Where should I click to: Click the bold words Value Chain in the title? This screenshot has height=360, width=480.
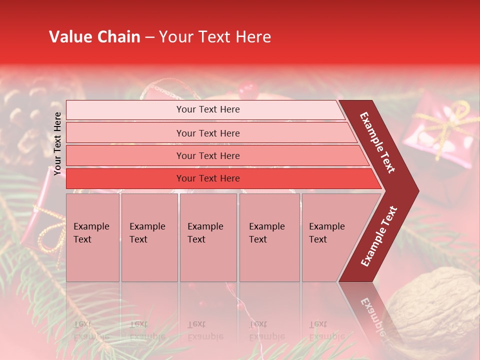[94, 37]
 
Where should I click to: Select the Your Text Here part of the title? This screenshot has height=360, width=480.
[215, 37]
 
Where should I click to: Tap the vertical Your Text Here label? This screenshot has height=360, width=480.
[57, 143]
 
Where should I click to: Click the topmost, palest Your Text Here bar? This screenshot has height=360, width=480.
[207, 109]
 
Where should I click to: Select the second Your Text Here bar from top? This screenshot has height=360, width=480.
[207, 133]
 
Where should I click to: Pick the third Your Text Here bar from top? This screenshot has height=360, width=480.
[207, 155]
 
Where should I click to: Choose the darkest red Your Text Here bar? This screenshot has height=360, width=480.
[207, 178]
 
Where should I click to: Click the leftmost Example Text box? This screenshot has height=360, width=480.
[92, 237]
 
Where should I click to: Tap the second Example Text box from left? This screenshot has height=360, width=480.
[149, 237]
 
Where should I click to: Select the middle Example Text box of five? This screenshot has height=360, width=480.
[208, 237]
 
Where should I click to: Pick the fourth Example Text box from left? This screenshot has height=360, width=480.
[269, 237]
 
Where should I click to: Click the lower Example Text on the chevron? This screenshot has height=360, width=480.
[379, 236]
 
